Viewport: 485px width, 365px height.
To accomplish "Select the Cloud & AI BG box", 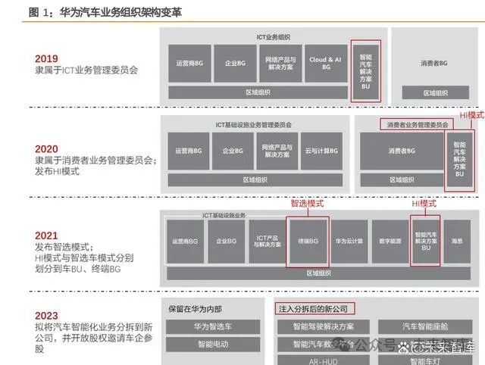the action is pos(325,64).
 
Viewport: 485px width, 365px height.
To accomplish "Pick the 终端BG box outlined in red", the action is pos(308,241).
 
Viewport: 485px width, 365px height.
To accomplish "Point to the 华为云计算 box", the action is pos(349,242).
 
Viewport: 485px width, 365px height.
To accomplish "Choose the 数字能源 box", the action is pos(390,242).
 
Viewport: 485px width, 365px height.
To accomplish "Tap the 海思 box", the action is pos(458,242).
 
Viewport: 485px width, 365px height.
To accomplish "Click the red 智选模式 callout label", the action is pos(307,204).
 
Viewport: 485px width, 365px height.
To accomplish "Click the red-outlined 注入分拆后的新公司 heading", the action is pos(314,308).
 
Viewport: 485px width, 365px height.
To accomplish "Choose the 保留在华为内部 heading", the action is pos(196,308).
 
